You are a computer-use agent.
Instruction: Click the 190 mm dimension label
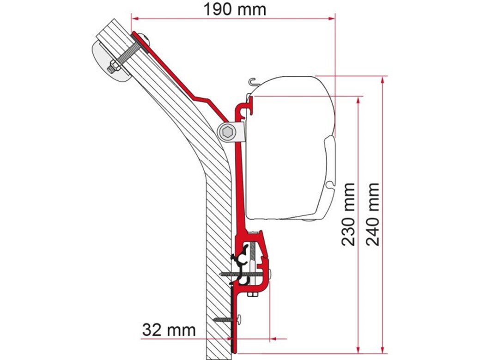coord(235,10)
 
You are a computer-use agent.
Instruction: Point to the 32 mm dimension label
coord(169,330)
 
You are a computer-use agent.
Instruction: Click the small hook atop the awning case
coord(254,82)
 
